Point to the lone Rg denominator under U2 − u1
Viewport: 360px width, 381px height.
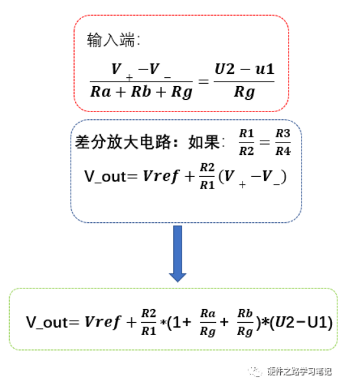[x=243, y=92]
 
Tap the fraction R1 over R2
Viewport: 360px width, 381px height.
[x=245, y=143]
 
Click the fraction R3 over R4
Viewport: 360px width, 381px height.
[x=282, y=143]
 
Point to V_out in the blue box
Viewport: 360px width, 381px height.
[x=108, y=176]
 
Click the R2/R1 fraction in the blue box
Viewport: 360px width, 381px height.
[x=207, y=175]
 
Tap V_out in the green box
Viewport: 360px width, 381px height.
[x=53, y=321]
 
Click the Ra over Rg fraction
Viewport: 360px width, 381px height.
[x=208, y=321]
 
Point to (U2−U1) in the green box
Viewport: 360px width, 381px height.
[x=302, y=321]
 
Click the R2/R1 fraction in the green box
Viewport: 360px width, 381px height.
[x=150, y=321]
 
